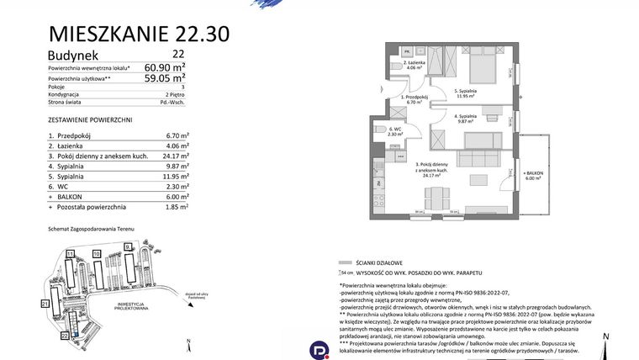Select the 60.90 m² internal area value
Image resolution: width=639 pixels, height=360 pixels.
tap(165, 67)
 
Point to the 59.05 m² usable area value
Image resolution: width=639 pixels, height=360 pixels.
tap(165, 78)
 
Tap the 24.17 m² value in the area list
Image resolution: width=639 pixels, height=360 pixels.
tap(175, 155)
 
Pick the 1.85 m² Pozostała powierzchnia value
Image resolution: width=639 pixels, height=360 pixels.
tap(177, 206)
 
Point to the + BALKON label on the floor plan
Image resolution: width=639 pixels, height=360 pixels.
tap(534, 174)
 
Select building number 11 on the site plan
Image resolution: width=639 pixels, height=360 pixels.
tap(71, 253)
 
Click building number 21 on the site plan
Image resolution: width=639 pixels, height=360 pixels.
tap(44, 303)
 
